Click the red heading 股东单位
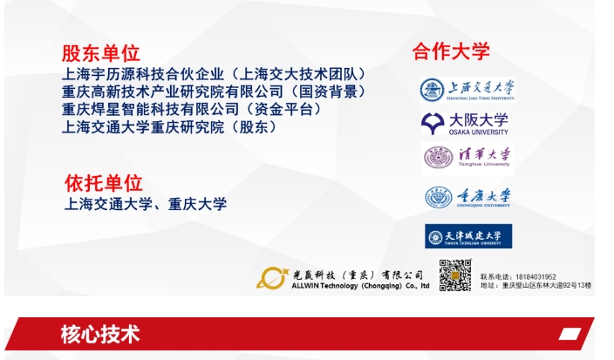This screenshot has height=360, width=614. (x=100, y=53)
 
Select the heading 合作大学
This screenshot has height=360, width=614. (x=451, y=51)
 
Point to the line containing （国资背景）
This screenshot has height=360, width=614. (x=214, y=92)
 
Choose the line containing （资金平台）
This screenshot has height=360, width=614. (x=180, y=109)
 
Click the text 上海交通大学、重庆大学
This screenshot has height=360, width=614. (x=146, y=204)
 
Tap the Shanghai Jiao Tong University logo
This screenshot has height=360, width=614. (x=467, y=90)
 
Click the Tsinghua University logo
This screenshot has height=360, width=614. (x=467, y=157)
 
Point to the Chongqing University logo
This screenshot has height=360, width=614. (x=467, y=198)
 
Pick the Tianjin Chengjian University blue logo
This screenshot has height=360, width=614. (x=468, y=236)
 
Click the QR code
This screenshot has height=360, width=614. (x=454, y=275)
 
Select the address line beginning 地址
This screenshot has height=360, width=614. (x=536, y=286)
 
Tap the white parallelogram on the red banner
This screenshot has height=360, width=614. (x=570, y=335)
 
